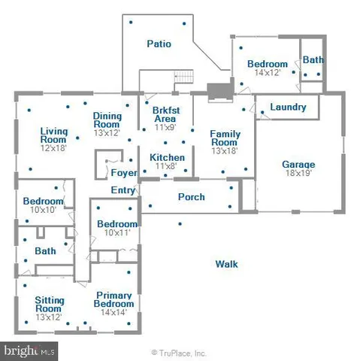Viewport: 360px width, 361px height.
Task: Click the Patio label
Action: [159, 44]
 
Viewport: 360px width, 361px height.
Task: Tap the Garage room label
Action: [298, 165]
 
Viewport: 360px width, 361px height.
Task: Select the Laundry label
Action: [288, 108]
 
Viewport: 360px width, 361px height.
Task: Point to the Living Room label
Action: [54, 135]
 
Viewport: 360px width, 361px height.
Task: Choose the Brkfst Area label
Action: [165, 114]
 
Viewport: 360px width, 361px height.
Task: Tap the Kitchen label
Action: [165, 157]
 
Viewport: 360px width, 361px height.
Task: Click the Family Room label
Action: [225, 138]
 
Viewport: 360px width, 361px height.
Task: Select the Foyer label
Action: [124, 173]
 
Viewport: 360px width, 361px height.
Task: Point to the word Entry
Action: [123, 190]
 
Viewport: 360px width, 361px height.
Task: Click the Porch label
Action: [192, 198]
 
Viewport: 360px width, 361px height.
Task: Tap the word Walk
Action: [226, 264]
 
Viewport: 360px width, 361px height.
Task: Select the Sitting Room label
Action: [50, 304]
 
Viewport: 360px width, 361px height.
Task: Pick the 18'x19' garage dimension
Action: [298, 174]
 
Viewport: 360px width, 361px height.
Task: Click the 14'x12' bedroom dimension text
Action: [267, 73]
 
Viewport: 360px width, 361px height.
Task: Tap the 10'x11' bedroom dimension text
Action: [116, 233]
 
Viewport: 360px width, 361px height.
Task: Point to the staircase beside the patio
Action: [184, 77]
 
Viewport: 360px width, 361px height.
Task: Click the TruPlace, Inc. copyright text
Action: [179, 352]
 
